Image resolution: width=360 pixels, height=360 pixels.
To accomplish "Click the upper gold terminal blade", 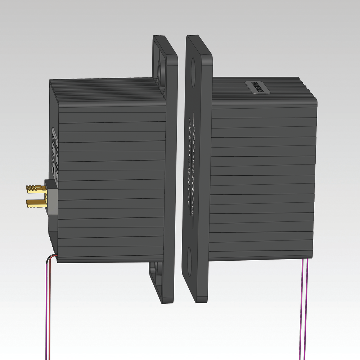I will [35, 188].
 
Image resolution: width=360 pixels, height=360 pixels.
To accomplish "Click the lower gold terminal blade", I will [36, 204].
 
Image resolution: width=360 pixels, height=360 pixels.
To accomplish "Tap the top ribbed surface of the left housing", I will [108, 90].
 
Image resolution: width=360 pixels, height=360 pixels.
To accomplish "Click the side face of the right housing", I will [263, 180].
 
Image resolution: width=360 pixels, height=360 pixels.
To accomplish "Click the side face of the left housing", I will [112, 180].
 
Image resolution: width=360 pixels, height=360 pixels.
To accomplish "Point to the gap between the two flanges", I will [181, 169].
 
